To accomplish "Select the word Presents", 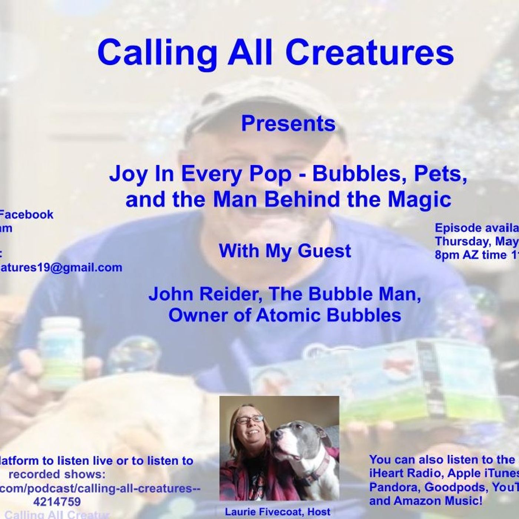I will [288, 124].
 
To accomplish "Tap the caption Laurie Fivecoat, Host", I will [278, 512].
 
